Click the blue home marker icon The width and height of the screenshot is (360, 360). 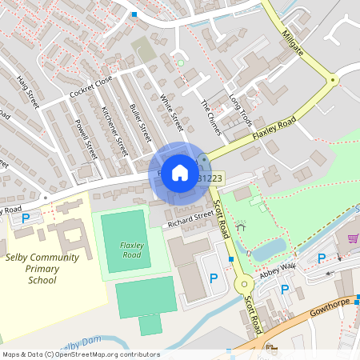[x=180, y=172]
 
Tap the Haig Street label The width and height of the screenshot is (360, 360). [x=28, y=92]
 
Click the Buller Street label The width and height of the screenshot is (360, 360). [x=140, y=122]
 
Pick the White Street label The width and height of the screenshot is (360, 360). [x=171, y=112]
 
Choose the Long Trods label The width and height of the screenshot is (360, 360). [x=240, y=108]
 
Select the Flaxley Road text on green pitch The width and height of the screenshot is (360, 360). [x=130, y=249]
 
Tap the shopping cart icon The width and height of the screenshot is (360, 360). [x=353, y=238]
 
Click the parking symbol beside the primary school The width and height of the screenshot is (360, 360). [x=25, y=218]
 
